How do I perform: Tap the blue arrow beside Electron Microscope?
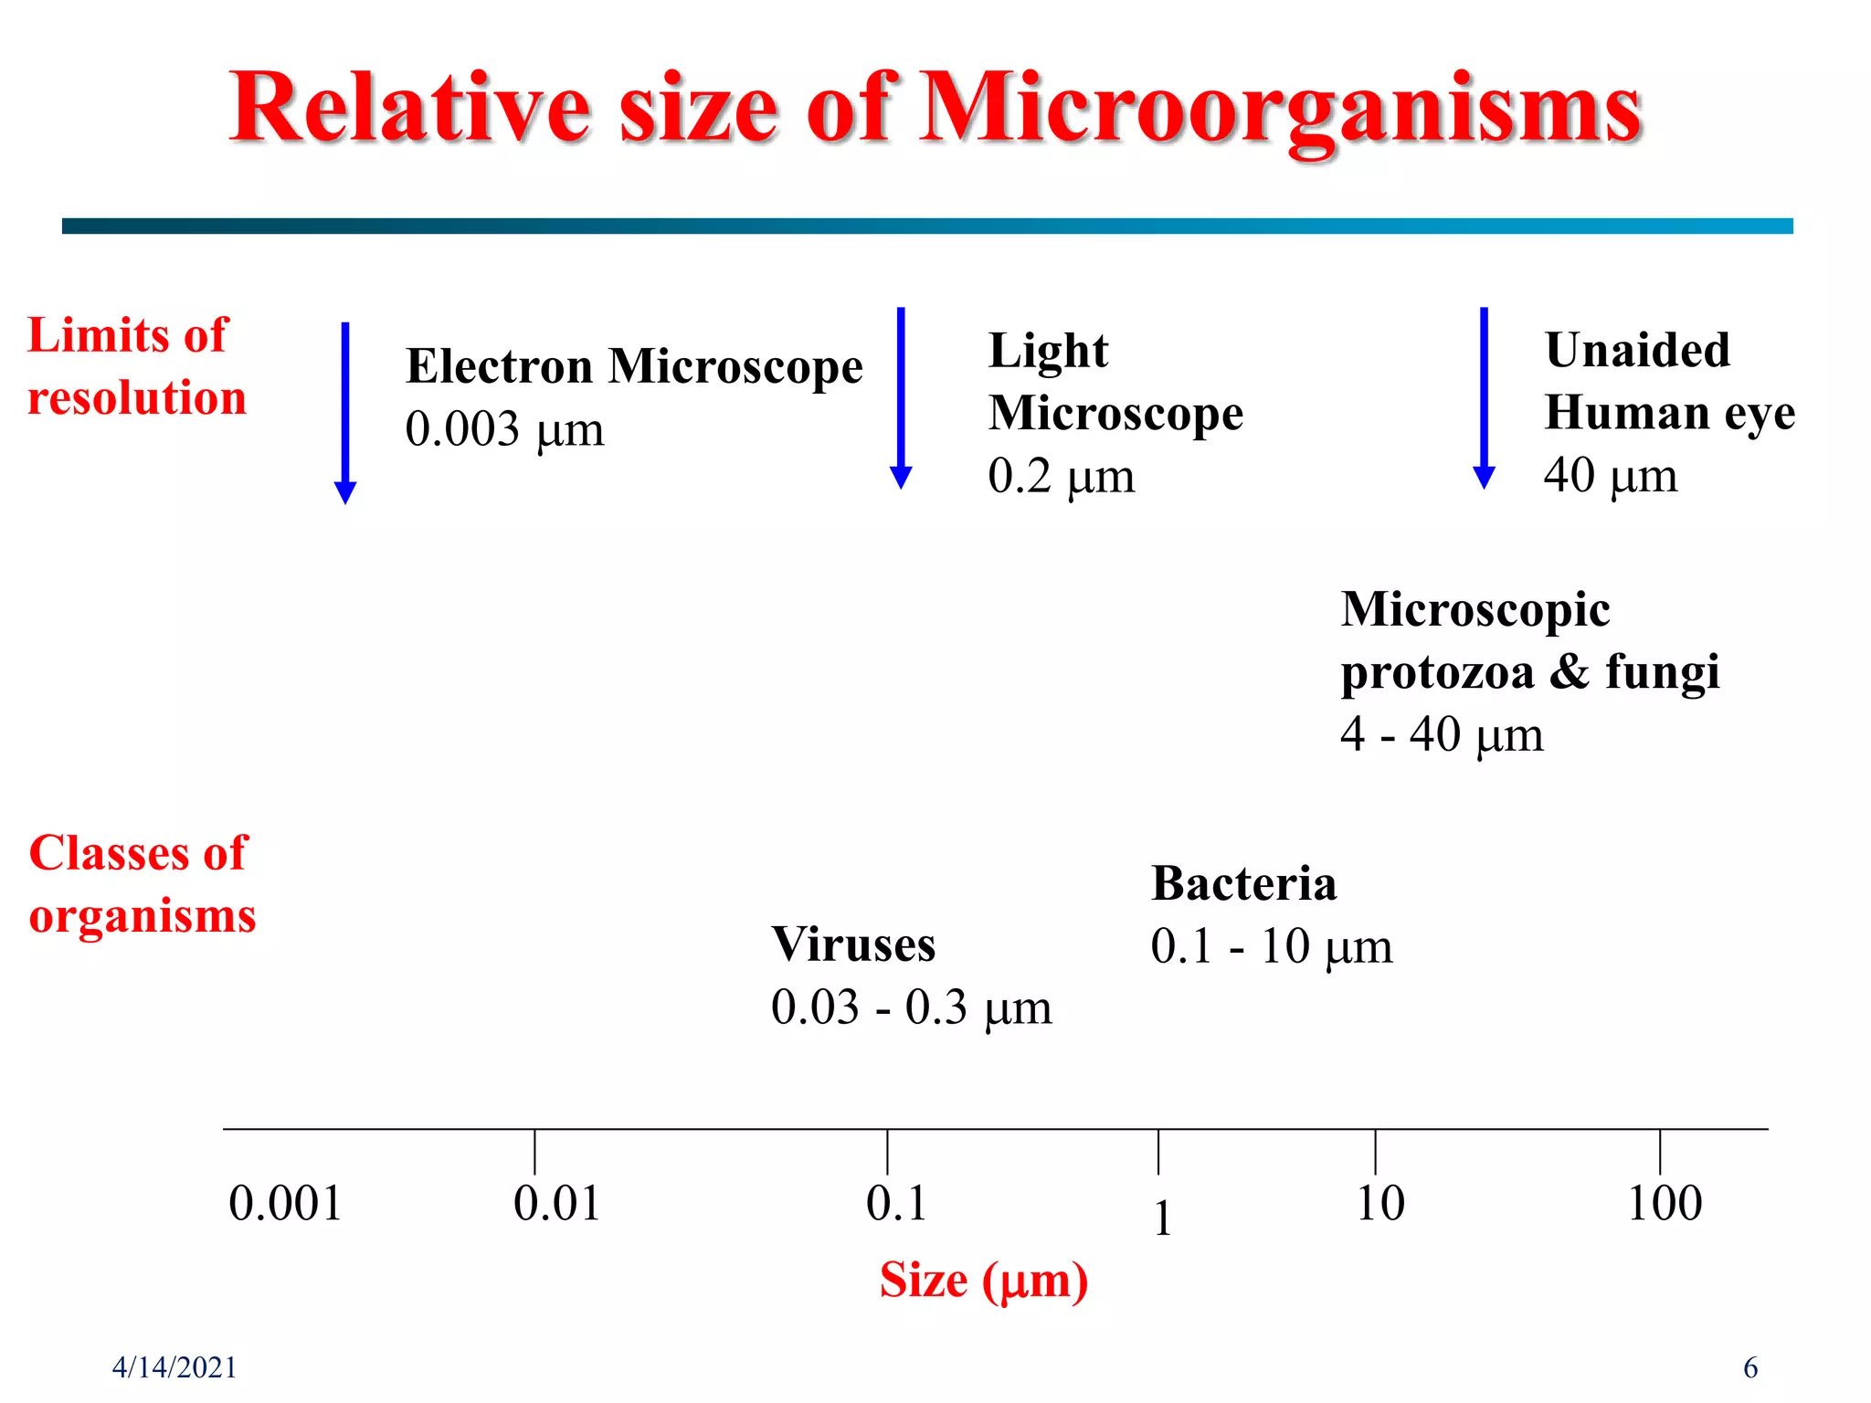(345, 411)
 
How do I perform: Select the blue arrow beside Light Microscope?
(901, 397)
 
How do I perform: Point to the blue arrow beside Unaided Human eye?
(1484, 397)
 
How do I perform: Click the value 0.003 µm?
(504, 429)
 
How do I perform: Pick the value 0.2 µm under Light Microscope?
(1061, 476)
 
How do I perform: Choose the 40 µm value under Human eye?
(1610, 475)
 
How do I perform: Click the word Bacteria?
(1242, 883)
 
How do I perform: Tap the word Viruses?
(853, 944)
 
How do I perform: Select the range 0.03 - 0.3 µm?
(911, 1007)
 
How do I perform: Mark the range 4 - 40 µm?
(1441, 734)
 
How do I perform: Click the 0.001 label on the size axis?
(285, 1203)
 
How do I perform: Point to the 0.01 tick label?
(556, 1203)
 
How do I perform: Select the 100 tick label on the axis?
(1665, 1203)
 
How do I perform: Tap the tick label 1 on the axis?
(1162, 1218)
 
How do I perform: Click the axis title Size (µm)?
(983, 1280)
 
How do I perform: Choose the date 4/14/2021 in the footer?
(174, 1367)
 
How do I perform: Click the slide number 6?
(1749, 1367)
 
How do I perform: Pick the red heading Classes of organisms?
(142, 884)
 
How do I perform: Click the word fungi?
(1662, 671)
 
